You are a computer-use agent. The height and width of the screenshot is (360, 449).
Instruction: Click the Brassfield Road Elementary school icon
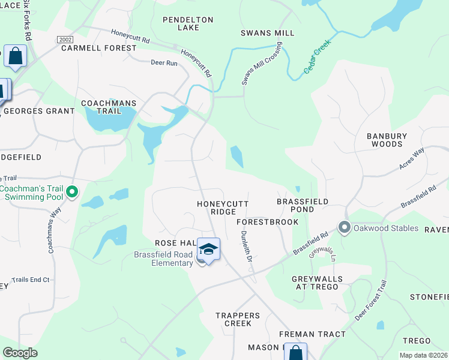(208, 250)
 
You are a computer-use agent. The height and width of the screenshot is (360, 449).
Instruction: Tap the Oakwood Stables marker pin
(345, 227)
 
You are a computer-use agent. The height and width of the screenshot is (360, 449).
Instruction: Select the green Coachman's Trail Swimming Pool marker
(72, 193)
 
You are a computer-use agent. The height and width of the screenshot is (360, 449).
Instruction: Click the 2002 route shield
(65, 39)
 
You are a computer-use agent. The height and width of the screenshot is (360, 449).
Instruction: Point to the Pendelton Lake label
(188, 24)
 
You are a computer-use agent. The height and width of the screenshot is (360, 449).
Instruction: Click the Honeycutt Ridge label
(223, 208)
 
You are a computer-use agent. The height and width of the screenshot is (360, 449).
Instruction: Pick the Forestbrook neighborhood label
(268, 222)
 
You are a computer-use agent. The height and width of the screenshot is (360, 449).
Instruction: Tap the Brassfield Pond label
(303, 206)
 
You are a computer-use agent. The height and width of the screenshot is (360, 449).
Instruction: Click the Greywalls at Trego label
(318, 283)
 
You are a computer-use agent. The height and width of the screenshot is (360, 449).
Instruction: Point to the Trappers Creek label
(238, 319)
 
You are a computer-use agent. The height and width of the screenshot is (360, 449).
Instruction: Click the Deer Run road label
(164, 62)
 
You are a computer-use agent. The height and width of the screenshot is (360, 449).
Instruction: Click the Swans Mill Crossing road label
(253, 64)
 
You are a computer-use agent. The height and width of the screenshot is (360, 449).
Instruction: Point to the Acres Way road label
(412, 158)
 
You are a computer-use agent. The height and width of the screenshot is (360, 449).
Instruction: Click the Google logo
(20, 353)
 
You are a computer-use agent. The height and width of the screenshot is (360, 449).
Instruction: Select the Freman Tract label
(312, 334)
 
